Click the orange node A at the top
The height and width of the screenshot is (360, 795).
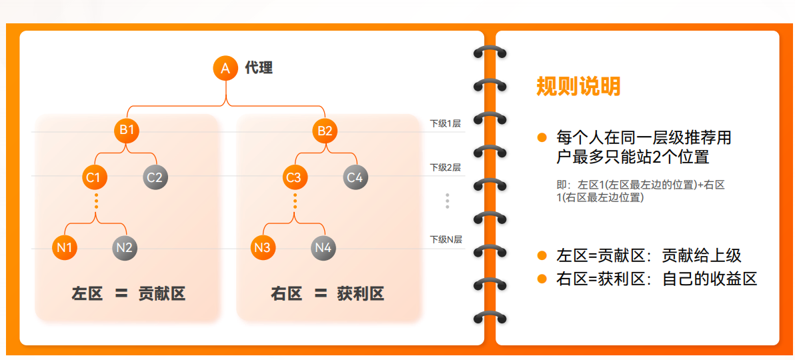point(225,68)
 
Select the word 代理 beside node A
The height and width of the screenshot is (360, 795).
point(259,67)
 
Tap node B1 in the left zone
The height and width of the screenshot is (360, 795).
point(126,131)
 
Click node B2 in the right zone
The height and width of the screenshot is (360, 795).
point(325,131)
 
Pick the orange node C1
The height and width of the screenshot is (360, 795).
point(93,177)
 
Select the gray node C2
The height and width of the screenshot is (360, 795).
point(155,177)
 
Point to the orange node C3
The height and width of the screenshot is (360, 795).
point(293,177)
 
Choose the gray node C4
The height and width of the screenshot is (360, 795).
point(355,177)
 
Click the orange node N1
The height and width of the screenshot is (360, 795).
point(64,248)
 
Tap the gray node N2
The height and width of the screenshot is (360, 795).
point(125,248)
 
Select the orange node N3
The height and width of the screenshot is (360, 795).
point(263,248)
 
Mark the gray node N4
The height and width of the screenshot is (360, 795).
point(323,248)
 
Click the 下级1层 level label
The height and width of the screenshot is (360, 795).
point(446,123)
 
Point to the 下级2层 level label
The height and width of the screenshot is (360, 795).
point(446,167)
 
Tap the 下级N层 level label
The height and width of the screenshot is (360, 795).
point(446,239)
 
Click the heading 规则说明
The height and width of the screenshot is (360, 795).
point(578,86)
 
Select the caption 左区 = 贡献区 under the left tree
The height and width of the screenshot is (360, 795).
point(128,293)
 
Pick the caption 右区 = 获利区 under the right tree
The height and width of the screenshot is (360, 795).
point(327,293)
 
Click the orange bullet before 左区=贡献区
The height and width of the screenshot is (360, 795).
point(542,256)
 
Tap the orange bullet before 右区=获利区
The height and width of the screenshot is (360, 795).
point(542,279)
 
